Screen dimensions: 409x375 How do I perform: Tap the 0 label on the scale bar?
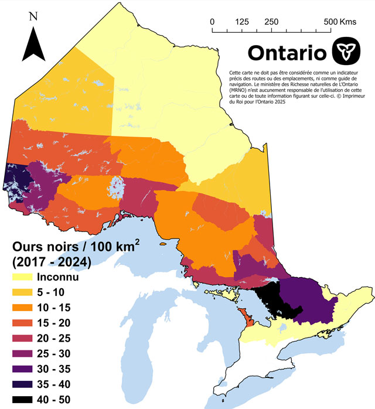212,22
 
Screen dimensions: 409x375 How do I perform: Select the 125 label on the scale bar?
241,22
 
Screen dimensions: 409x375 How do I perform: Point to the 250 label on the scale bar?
271,22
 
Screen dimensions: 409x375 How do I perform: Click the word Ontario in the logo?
287,52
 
